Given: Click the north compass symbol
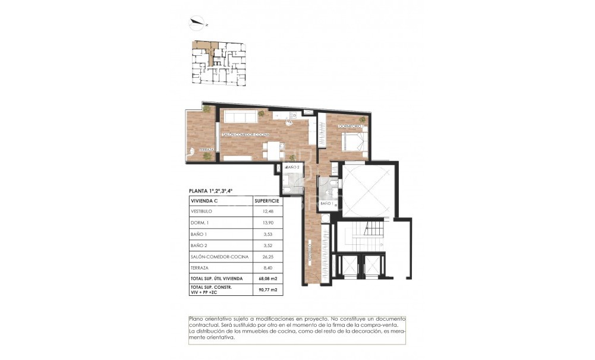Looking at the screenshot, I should (196, 24).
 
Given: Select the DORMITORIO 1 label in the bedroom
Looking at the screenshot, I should (350, 125).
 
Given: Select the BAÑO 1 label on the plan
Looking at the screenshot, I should (326, 204).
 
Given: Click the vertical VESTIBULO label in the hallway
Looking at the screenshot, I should (310, 252).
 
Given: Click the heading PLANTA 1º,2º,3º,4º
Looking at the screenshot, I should (210, 191).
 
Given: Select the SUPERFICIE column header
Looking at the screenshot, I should (266, 201).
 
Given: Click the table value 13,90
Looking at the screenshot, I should (265, 222).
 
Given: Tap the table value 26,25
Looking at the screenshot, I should (265, 256).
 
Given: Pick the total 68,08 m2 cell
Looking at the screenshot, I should (266, 279).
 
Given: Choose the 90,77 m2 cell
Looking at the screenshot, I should (266, 290).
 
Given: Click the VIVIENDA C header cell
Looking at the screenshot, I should (204, 201).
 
